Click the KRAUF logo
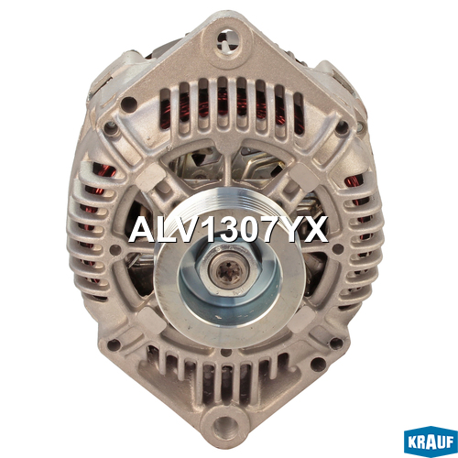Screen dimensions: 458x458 pos(431,442)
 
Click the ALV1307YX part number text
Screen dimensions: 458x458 pos(228,229)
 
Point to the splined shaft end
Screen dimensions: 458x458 pos(228,270)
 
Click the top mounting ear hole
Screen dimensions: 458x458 pos(228,41)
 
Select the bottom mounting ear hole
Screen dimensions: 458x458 pos(226,427)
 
